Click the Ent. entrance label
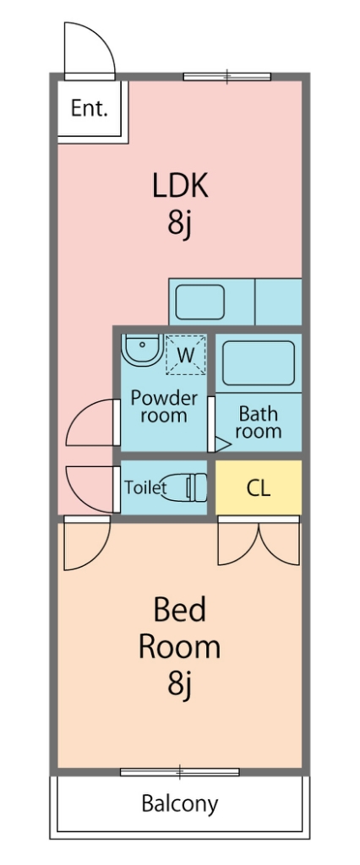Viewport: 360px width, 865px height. pyautogui.click(x=89, y=108)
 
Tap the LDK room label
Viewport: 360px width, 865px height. pyautogui.click(x=180, y=186)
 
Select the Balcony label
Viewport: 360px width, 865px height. pyautogui.click(x=180, y=804)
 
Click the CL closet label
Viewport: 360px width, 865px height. pyautogui.click(x=258, y=487)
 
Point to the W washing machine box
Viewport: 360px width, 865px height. pyautogui.click(x=186, y=355)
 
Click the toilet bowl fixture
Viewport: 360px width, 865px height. pyautogui.click(x=186, y=487)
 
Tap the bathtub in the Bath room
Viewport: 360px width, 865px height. pyautogui.click(x=259, y=362)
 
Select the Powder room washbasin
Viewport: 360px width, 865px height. pyautogui.click(x=142, y=349)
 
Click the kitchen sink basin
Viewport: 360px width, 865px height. pyautogui.click(x=200, y=302)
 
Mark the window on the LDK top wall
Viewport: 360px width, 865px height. pyautogui.click(x=227, y=77)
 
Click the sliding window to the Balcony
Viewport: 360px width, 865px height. pyautogui.click(x=180, y=772)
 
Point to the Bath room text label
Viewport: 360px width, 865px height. pyautogui.click(x=258, y=422)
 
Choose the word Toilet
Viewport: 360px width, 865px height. pyautogui.click(x=145, y=487)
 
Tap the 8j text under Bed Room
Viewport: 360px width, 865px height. pyautogui.click(x=180, y=684)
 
